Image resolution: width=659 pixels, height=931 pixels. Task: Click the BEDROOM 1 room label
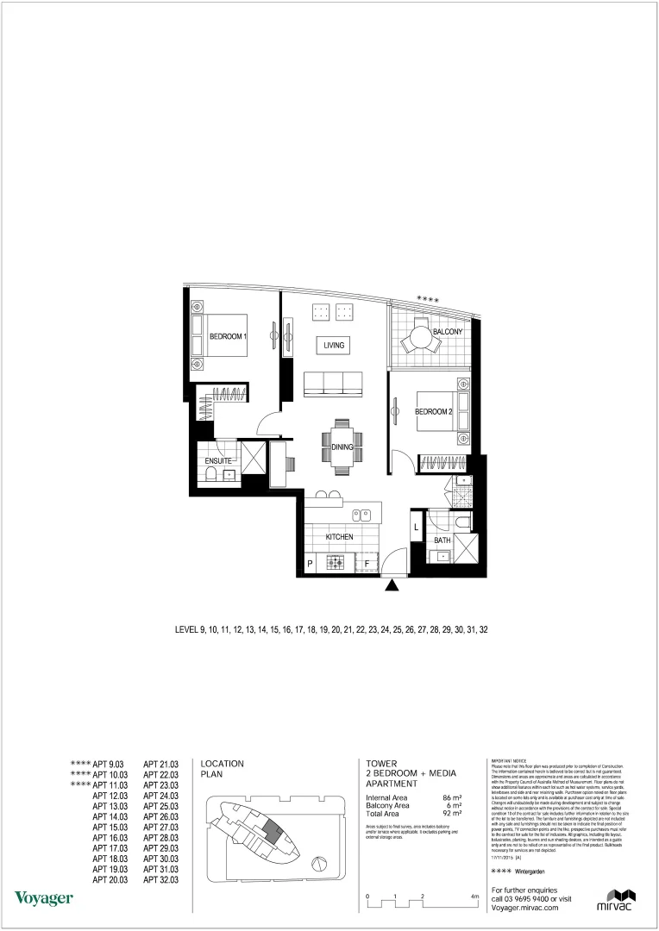[x=229, y=337]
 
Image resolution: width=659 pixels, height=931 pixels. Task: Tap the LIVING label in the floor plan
[x=334, y=346]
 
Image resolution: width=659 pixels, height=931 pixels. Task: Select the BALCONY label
[x=448, y=332]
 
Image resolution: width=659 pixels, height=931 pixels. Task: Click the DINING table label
[x=342, y=447]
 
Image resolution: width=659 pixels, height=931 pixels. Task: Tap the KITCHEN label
[x=339, y=537]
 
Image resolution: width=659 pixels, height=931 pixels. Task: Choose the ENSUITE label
[x=217, y=462]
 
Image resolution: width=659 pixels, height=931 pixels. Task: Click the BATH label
[x=442, y=540]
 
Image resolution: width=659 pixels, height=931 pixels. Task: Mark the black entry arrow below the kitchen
[x=392, y=586]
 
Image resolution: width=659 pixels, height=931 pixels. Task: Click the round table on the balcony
[x=422, y=339]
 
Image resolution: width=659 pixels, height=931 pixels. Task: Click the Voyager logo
[x=43, y=898]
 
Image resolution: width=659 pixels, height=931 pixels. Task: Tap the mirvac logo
[x=616, y=898]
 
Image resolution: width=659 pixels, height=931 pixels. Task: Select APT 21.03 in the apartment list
[x=160, y=764]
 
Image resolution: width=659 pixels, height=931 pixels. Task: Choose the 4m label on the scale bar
[x=474, y=897]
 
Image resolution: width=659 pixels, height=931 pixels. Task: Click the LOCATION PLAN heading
[x=222, y=769]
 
